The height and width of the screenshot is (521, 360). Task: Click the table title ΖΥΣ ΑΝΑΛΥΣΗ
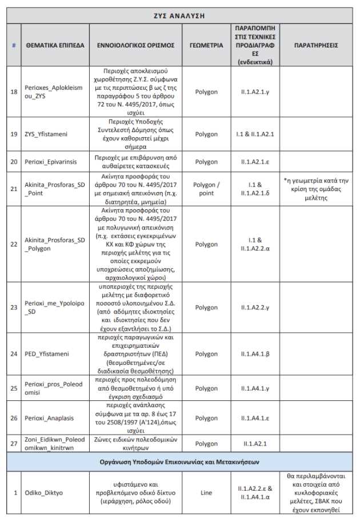(x=180, y=15)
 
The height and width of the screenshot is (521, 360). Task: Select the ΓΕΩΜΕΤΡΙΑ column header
(x=206, y=45)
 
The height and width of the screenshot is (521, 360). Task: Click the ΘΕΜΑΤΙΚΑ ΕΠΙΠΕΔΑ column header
(x=55, y=45)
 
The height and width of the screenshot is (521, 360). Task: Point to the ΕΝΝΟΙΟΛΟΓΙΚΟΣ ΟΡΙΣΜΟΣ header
(x=139, y=45)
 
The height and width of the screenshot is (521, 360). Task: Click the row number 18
(x=14, y=91)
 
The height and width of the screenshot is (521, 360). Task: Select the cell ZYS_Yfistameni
(x=46, y=134)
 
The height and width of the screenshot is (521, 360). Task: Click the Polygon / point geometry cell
(x=206, y=189)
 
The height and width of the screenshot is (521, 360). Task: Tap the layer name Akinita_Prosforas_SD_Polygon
(x=55, y=244)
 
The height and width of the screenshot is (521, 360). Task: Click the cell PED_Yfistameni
(x=46, y=354)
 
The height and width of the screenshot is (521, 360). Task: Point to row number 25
(x=14, y=388)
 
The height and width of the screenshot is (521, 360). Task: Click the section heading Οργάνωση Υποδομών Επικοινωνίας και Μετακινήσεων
(x=180, y=462)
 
